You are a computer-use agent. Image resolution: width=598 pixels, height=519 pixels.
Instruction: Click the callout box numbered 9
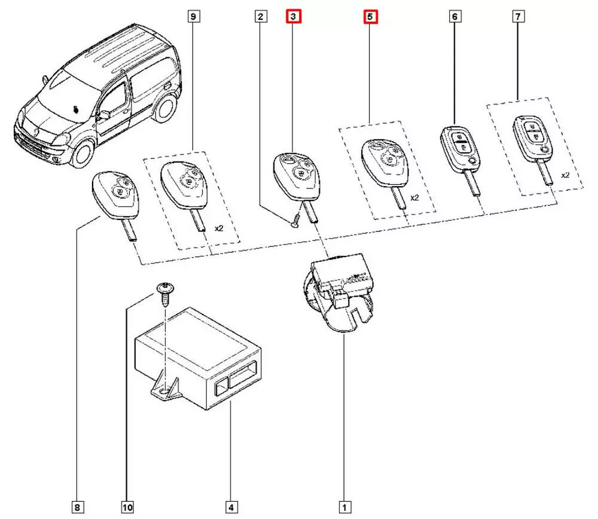tap(193, 17)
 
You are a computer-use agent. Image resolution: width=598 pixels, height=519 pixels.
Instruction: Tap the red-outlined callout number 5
tap(370, 17)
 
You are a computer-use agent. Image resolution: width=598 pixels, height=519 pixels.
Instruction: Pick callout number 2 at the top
tap(260, 17)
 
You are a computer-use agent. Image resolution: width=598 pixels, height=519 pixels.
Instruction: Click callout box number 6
tap(454, 17)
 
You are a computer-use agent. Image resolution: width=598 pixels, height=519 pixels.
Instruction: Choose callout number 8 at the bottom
tap(78, 508)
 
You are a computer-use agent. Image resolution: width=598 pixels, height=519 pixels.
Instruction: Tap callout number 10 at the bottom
tap(127, 508)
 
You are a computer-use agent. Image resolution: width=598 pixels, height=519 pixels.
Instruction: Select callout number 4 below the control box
tap(231, 508)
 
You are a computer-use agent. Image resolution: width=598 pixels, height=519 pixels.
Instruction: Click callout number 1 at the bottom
tap(344, 508)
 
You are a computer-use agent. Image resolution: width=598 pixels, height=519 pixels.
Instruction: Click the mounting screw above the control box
tap(163, 293)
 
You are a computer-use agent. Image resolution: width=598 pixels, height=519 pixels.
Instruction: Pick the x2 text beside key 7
tap(565, 176)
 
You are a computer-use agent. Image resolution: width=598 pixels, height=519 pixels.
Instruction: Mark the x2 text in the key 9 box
tap(220, 228)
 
